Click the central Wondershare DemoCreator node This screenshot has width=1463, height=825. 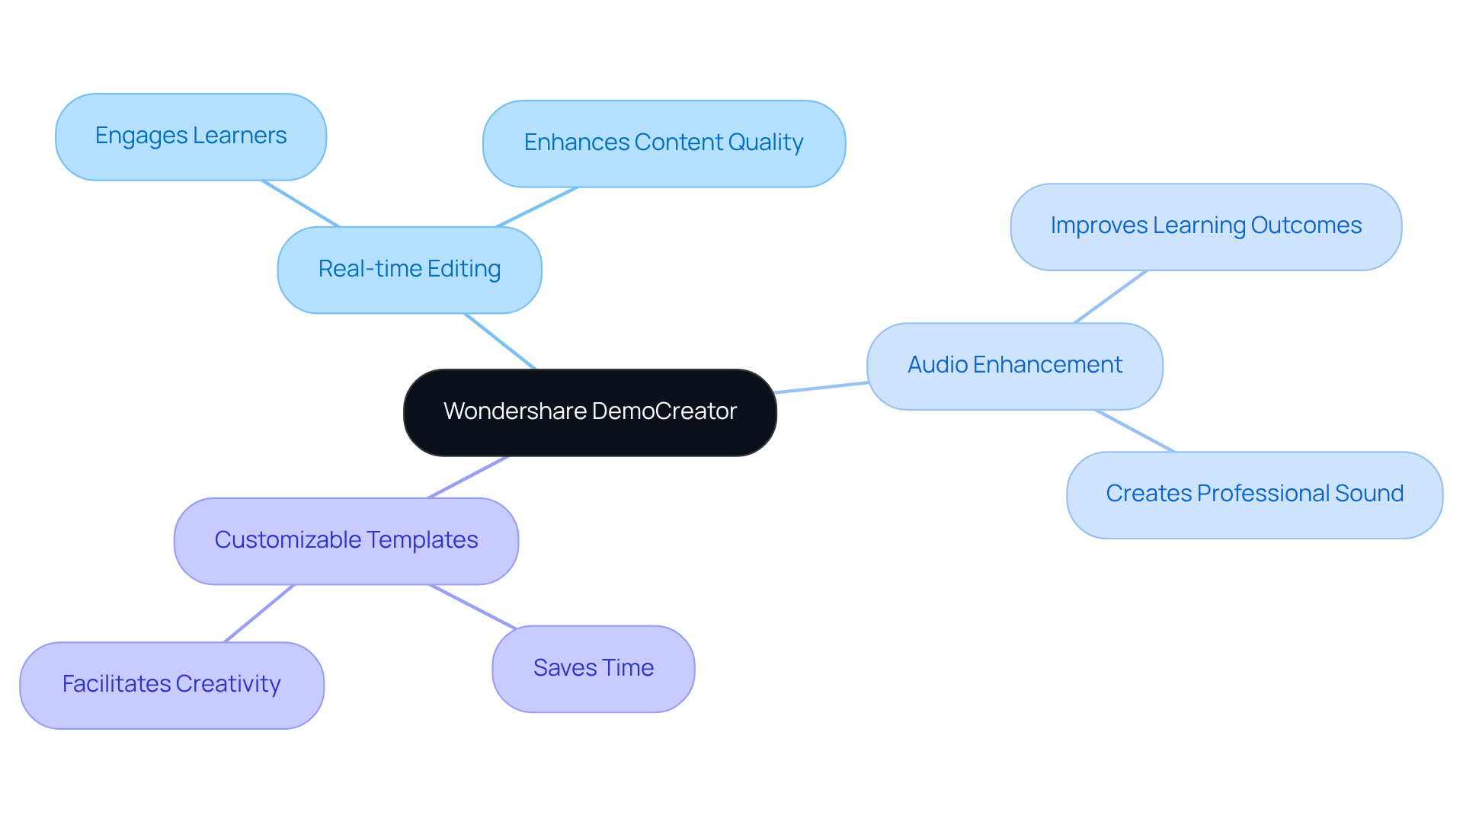(590, 412)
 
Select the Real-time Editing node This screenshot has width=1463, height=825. (409, 270)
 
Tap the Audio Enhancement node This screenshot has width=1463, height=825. (1014, 366)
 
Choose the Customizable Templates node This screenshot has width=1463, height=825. (346, 541)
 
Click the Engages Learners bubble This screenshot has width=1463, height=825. (190, 136)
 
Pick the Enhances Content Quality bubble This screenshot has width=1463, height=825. (663, 143)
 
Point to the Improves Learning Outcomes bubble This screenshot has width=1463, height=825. (1205, 226)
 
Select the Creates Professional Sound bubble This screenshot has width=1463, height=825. (1254, 494)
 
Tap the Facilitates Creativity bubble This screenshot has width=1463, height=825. (171, 685)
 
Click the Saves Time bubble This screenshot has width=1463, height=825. (593, 669)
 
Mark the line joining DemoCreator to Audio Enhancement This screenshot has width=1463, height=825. (821, 388)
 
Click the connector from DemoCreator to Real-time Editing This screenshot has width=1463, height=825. (500, 341)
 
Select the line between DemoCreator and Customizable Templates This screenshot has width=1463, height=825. (468, 477)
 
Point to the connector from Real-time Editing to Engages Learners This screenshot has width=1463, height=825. (299, 203)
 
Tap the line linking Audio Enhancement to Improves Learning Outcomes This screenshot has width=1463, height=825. (1110, 296)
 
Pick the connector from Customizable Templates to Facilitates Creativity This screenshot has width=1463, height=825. (259, 613)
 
